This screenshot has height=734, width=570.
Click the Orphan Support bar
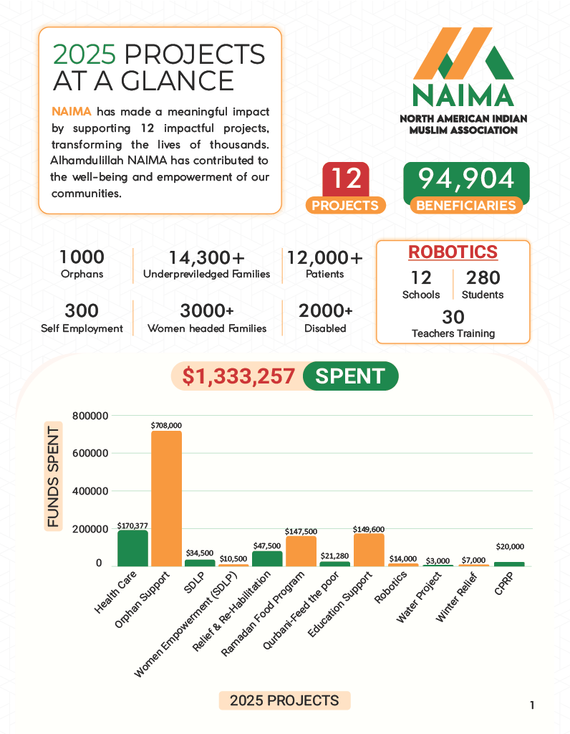pyautogui.click(x=166, y=498)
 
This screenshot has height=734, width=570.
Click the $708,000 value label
pyautogui.click(x=166, y=425)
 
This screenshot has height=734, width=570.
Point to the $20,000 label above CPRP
pyautogui.click(x=509, y=546)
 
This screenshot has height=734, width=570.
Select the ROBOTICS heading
pyautogui.click(x=453, y=252)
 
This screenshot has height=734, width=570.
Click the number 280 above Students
pyautogui.click(x=483, y=277)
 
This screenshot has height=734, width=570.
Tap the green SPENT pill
pyautogui.click(x=350, y=376)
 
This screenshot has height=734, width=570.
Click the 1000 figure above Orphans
pyautogui.click(x=82, y=257)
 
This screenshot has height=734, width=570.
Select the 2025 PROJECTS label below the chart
pyautogui.click(x=284, y=700)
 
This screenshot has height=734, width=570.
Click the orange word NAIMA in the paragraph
pyautogui.click(x=72, y=112)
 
